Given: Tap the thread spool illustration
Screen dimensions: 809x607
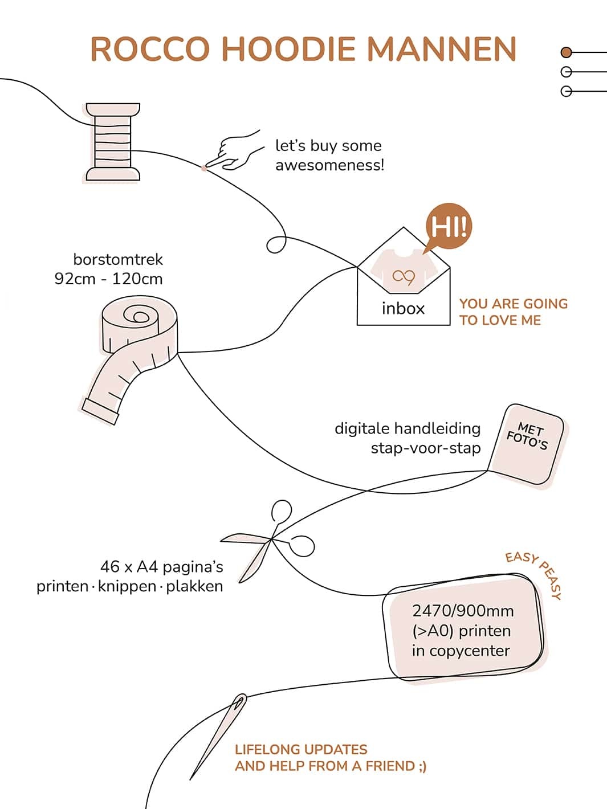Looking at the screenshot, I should point(113,142).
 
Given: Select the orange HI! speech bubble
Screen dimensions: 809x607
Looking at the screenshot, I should point(449,227).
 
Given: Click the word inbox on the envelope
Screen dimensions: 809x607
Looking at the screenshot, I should point(403,309).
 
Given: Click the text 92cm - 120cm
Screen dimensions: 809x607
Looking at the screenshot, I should point(108,279).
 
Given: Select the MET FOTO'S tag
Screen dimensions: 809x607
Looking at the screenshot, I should point(527,443).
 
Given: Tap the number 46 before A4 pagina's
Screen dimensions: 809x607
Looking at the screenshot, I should point(110,567).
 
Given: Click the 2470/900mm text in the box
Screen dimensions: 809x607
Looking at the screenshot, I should point(463,611).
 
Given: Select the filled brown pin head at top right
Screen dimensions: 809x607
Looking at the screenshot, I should point(566,52).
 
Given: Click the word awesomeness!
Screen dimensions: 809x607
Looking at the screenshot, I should point(329,166).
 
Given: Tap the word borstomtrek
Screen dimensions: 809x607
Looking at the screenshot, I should point(118,260).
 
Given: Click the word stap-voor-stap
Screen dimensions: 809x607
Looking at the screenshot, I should point(425,448).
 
